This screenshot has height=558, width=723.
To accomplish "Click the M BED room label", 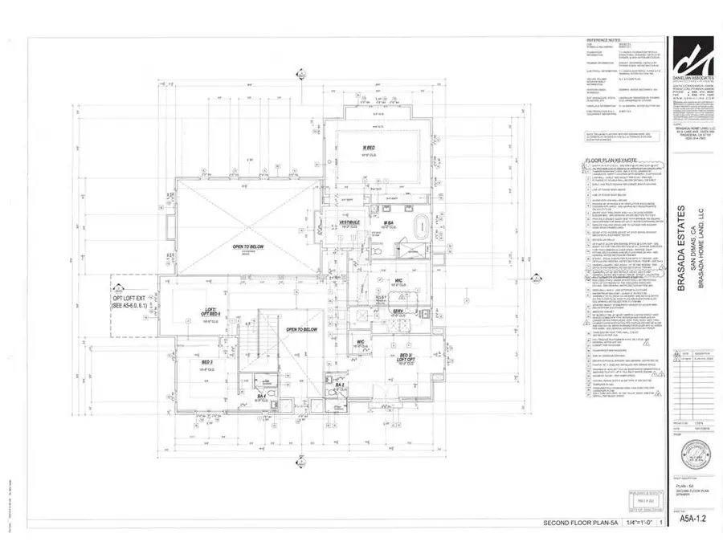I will pos(370,147).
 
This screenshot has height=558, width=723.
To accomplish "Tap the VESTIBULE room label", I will pos(348,222).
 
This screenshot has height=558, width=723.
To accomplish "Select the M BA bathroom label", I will pos(387,222).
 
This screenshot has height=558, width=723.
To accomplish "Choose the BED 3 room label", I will pos(206,363).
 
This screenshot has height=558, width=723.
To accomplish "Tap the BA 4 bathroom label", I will pos(261,396).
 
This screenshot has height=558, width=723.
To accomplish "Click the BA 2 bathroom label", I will pos(341,385).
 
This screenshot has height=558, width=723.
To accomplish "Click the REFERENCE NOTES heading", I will pos(605,39).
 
